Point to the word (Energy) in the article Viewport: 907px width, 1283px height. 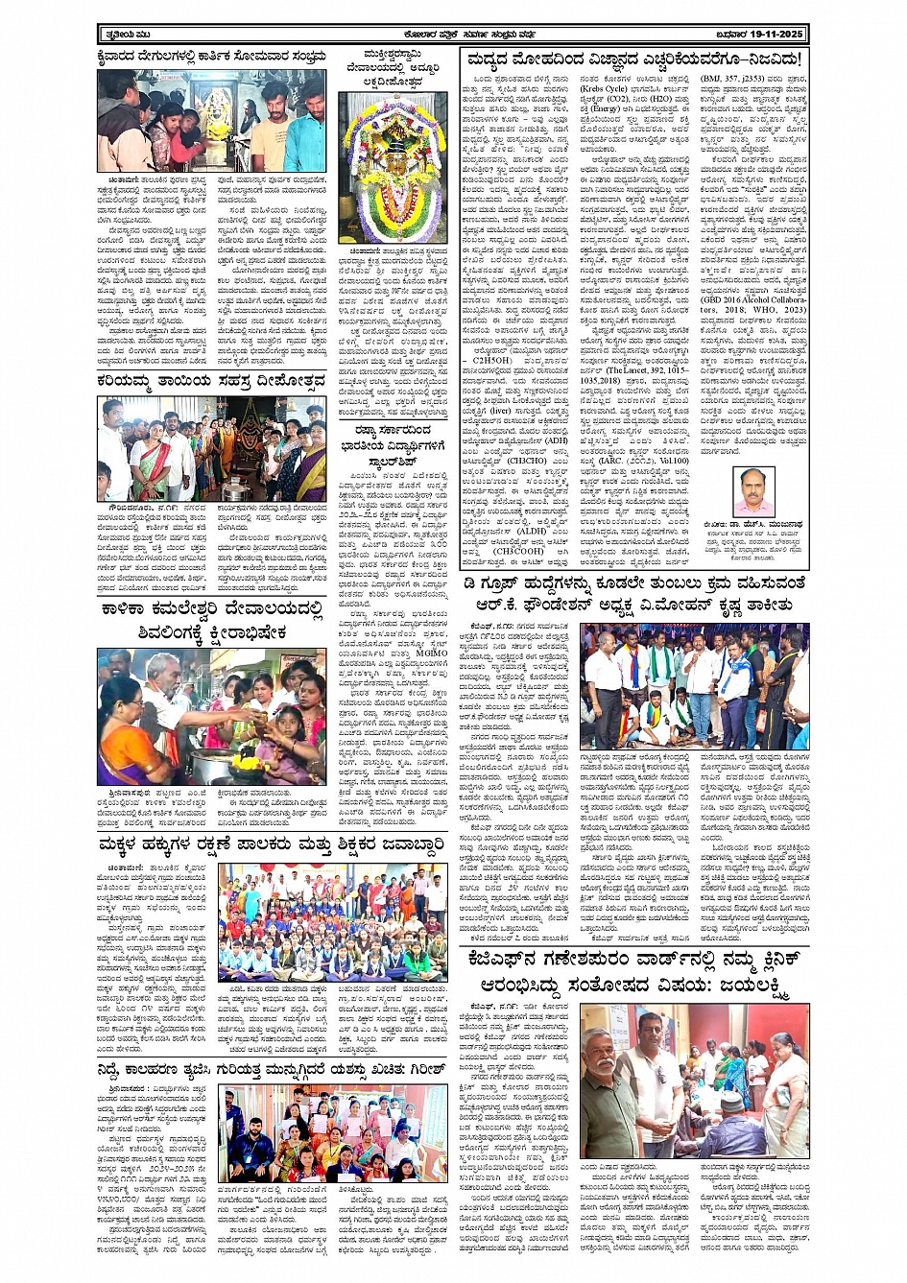point(603,107)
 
